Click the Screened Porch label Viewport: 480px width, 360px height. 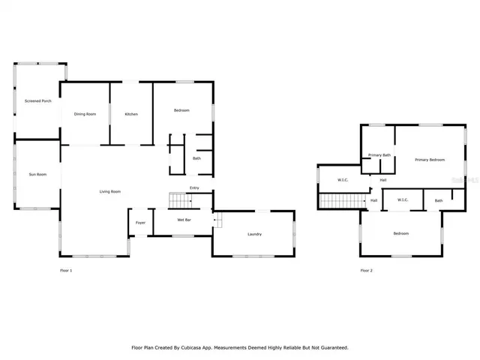pos(37,100)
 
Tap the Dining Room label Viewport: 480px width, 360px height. pos(85,114)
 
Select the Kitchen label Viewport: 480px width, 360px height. pos(131,114)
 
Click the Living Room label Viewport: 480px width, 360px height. pos(110,191)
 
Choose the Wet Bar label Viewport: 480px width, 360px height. pos(184,220)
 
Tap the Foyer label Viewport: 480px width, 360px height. pos(140,223)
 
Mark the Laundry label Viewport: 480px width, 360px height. pos(254,234)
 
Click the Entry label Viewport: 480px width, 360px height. pos(194,187)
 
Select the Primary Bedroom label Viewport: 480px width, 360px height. pos(430,160)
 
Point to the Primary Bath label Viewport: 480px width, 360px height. pos(379,155)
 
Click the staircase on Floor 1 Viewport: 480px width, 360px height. pos(178,200)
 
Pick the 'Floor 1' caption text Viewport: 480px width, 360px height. pos(66,270)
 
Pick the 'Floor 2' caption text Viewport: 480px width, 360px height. pos(366,270)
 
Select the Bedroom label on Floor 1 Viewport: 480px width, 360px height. pos(181,110)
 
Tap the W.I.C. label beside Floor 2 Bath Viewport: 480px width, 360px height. pos(402,199)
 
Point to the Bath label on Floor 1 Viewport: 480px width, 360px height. pos(196,158)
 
